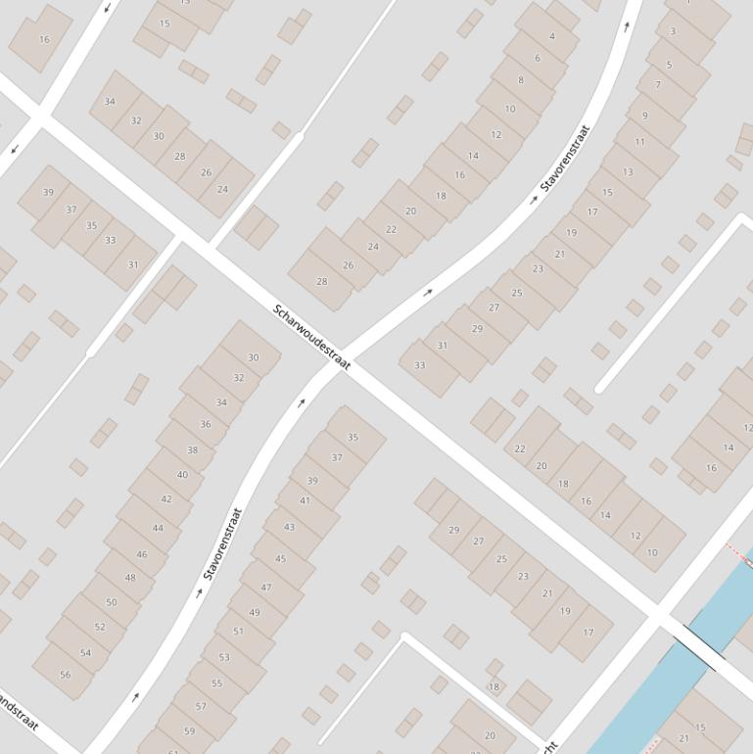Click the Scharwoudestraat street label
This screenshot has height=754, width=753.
(x=311, y=337)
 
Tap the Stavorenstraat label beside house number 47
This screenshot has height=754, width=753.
(x=221, y=543)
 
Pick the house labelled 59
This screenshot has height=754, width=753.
(x=189, y=730)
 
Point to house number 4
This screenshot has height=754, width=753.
(x=551, y=36)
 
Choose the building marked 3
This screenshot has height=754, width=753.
(x=672, y=31)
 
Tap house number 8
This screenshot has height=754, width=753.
(x=521, y=80)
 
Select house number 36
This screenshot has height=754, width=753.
(x=206, y=424)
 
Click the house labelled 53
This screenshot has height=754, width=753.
(x=224, y=657)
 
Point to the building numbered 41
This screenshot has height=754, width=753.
(x=305, y=500)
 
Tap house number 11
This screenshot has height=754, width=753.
(x=639, y=142)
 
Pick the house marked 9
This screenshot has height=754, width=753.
(x=644, y=116)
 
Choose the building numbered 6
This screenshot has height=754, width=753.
(x=537, y=59)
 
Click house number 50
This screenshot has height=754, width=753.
(x=111, y=602)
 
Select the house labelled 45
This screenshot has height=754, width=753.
(x=281, y=558)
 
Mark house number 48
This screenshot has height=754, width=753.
(x=130, y=578)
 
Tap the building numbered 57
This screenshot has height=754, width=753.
(x=201, y=705)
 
